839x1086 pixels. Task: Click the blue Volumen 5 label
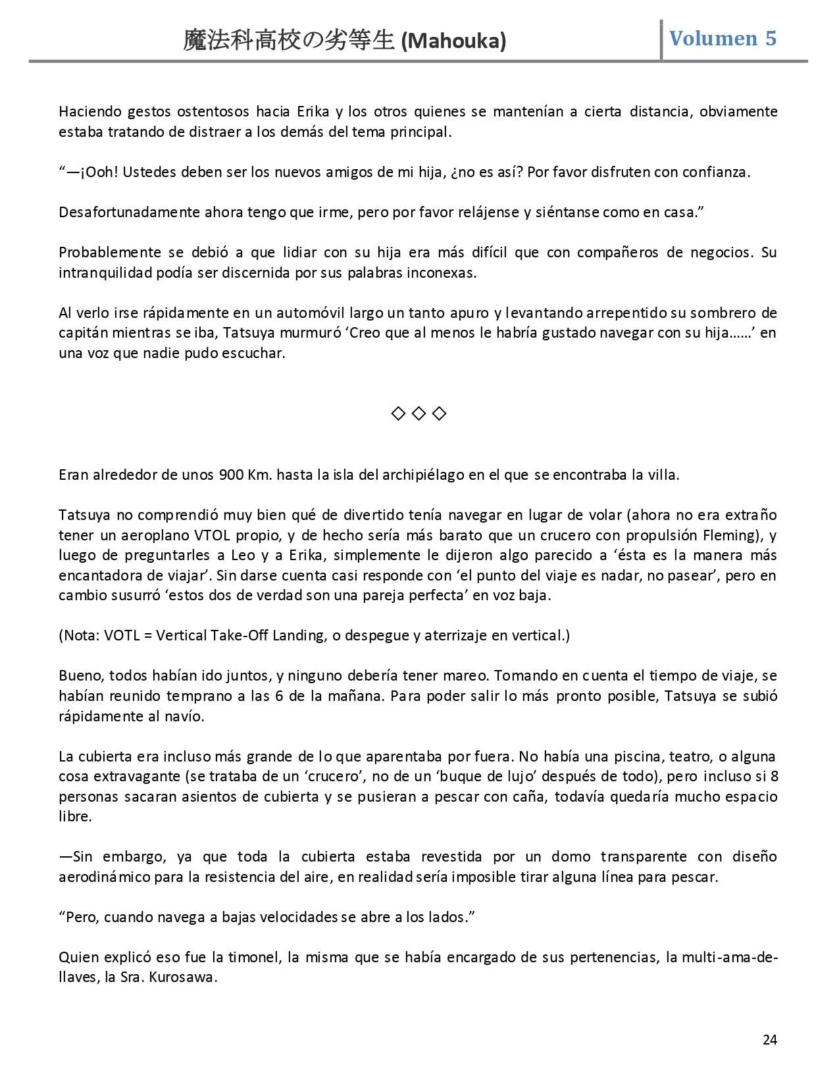tap(723, 38)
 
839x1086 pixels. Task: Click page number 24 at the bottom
tap(770, 1039)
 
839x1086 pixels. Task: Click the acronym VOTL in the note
tap(120, 635)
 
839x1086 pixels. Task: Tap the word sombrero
tap(725, 313)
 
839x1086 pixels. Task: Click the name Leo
tap(243, 555)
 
